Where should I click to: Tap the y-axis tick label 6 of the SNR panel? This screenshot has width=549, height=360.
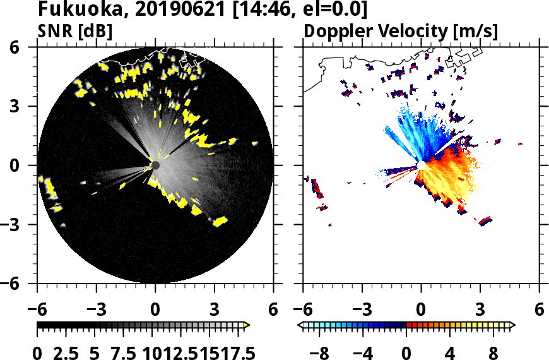click(x=29, y=48)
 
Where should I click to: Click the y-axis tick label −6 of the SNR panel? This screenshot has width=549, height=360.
click(x=23, y=284)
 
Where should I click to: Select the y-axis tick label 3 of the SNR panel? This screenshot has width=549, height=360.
click(x=29, y=107)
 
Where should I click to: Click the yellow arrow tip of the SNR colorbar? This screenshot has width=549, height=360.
click(x=247, y=325)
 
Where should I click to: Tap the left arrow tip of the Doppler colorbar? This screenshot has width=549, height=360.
click(x=300, y=325)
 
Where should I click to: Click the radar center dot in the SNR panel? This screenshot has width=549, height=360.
click(x=155, y=165)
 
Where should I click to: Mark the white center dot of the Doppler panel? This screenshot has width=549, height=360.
click(x=421, y=165)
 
